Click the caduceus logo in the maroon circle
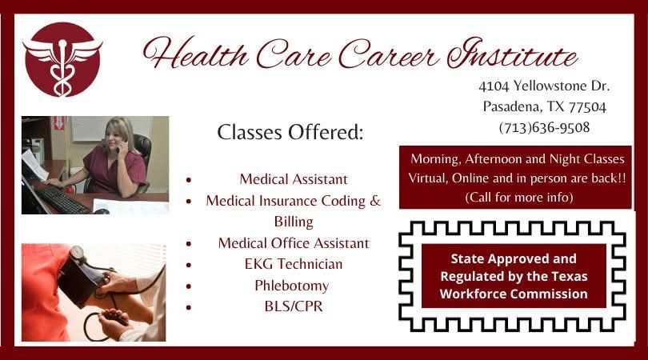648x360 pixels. [62, 59]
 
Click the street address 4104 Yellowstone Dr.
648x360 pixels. [544, 85]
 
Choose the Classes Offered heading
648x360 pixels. [290, 132]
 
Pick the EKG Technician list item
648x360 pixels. [293, 263]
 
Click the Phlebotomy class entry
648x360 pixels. [293, 285]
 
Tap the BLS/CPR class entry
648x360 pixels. [293, 306]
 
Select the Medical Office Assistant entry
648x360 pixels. [294, 242]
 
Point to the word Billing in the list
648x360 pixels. [294, 221]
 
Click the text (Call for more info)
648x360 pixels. [518, 196]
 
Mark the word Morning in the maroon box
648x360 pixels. [436, 158]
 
